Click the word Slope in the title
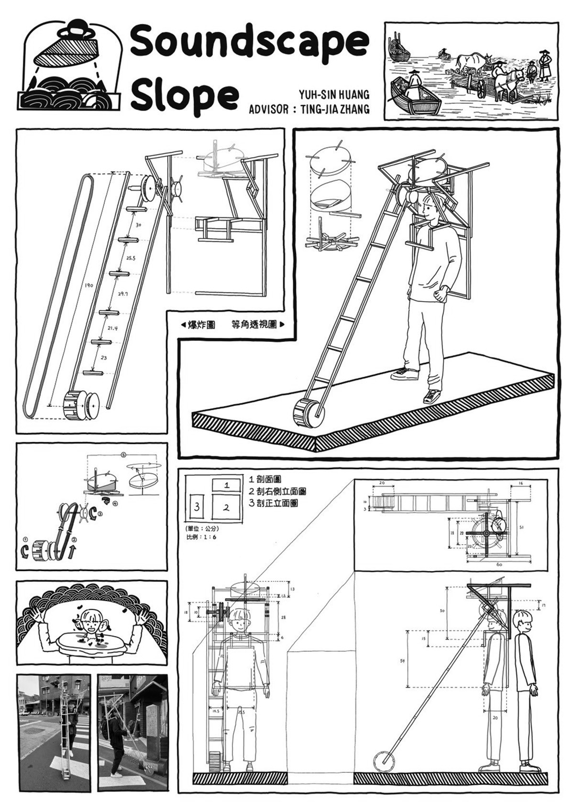(184, 95)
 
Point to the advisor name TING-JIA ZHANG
(333, 110)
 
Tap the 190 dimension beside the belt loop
(89, 285)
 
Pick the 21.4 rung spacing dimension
(113, 329)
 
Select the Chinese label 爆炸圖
(201, 325)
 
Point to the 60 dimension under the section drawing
(499, 564)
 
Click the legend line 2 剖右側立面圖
(277, 491)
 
